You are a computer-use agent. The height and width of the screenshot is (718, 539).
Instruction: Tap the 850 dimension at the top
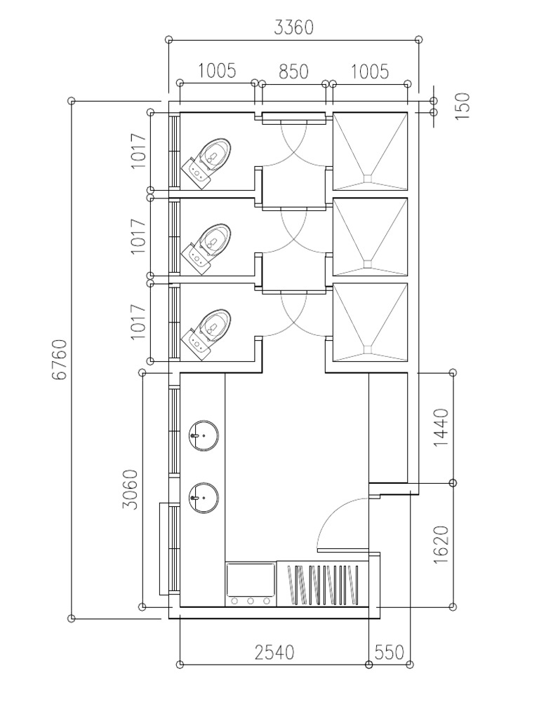tap(293, 72)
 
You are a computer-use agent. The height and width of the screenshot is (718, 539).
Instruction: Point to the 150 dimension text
tap(463, 107)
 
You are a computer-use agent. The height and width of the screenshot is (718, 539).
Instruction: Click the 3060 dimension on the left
tap(131, 489)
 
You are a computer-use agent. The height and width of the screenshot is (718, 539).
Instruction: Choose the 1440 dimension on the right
tap(441, 428)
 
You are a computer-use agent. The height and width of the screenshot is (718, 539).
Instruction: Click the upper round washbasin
tap(204, 435)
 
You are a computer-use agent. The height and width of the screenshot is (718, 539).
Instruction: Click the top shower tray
tap(370, 151)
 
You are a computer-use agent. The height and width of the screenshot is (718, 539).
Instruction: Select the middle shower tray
tap(370, 237)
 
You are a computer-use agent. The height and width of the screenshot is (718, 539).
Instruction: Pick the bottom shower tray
tap(370, 322)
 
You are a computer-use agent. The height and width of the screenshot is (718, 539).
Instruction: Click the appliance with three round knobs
tap(251, 584)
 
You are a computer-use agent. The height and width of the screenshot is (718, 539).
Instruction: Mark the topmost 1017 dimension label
tap(138, 150)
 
